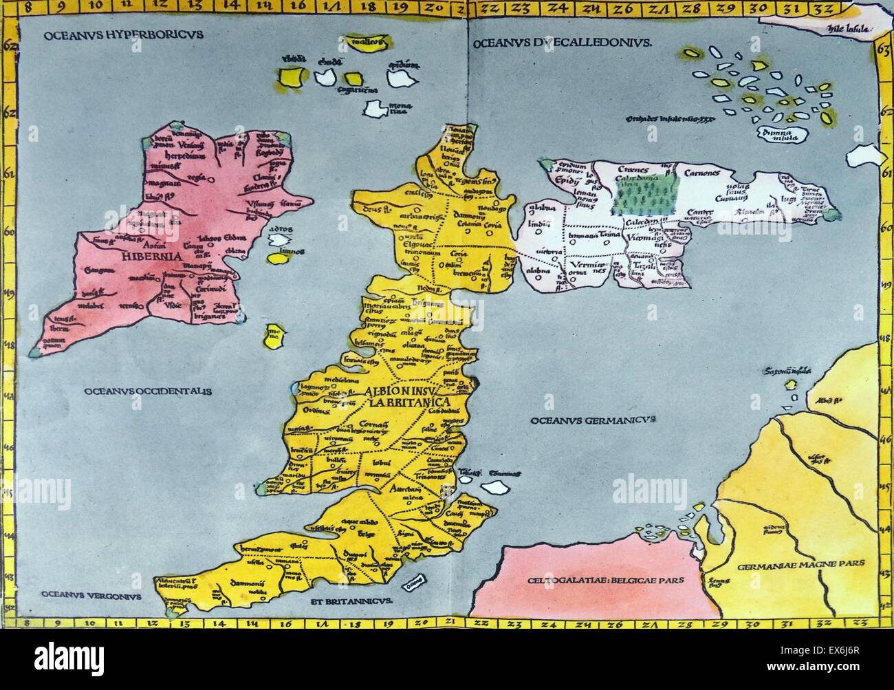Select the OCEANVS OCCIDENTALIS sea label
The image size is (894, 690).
click(148, 391)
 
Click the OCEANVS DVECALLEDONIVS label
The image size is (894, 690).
click(561, 43)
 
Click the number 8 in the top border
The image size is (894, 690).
click(26, 8)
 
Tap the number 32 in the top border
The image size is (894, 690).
click(820, 8)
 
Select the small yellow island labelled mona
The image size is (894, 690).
click(273, 337)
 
